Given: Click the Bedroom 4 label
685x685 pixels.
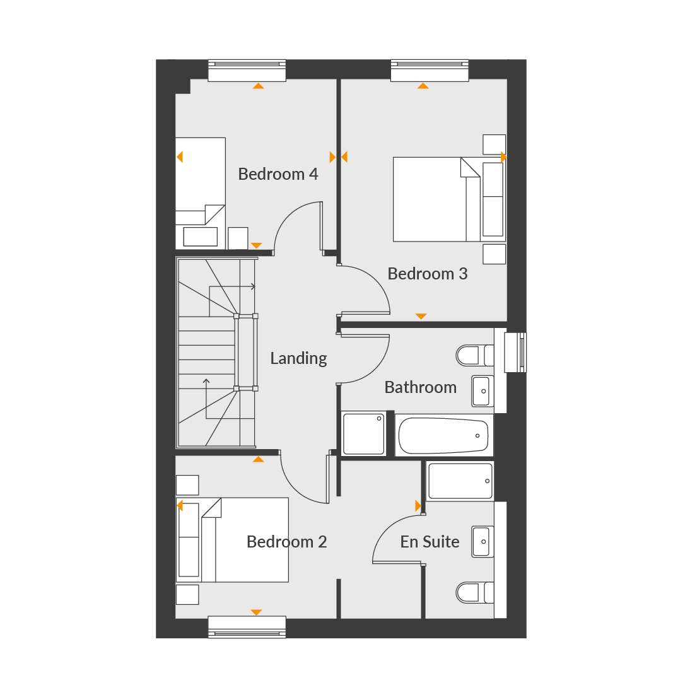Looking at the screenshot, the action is pyautogui.click(x=278, y=174).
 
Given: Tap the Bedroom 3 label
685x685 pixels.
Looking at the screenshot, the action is pyautogui.click(x=427, y=274).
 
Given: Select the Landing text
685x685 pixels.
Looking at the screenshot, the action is pyautogui.click(x=298, y=359).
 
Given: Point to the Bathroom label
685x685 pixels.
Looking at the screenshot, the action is pyautogui.click(x=420, y=387).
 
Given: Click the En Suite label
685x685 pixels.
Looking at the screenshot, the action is pyautogui.click(x=430, y=542).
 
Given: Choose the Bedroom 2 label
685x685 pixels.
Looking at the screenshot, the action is pyautogui.click(x=286, y=542).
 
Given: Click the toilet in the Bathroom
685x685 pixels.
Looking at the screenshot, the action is pyautogui.click(x=475, y=355).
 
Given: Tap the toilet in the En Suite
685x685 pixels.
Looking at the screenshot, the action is pyautogui.click(x=475, y=592).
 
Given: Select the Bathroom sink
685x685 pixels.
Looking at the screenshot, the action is pyautogui.click(x=483, y=391).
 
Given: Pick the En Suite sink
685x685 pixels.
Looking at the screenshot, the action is pyautogui.click(x=483, y=541).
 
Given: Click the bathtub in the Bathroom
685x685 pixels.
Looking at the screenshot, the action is pyautogui.click(x=444, y=436).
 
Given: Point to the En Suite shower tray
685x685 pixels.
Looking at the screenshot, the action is pyautogui.click(x=460, y=481).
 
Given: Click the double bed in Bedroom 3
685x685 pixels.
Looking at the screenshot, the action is pyautogui.click(x=449, y=199).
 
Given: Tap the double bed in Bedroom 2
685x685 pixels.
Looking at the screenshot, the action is pyautogui.click(x=232, y=539).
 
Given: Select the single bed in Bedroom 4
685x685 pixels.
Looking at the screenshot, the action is pyautogui.click(x=201, y=193).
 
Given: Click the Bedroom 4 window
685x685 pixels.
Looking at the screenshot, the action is pyautogui.click(x=247, y=71).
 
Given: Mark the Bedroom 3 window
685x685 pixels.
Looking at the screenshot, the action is pyautogui.click(x=430, y=71).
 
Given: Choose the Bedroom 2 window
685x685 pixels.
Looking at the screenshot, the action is pyautogui.click(x=247, y=627).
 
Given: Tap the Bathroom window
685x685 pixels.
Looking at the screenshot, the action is pyautogui.click(x=515, y=353).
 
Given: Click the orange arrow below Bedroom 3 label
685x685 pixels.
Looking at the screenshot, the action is pyautogui.click(x=421, y=316).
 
